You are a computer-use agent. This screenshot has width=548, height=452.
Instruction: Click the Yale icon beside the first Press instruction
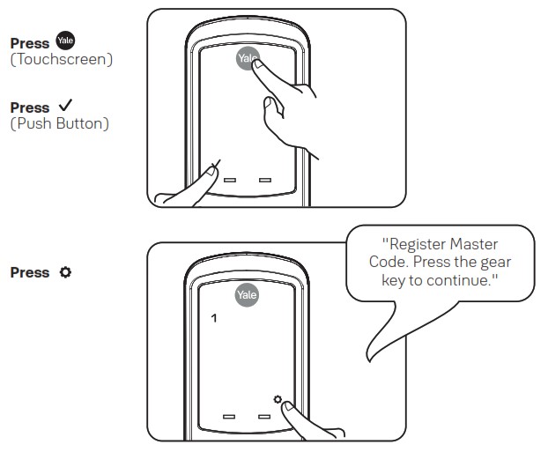63,42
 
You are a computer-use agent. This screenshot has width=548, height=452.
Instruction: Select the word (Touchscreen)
61,59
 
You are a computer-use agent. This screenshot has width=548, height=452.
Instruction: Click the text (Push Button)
59,123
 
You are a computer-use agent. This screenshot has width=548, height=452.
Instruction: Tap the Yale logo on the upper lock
248,59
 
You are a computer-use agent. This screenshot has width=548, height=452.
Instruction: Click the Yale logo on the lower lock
247,295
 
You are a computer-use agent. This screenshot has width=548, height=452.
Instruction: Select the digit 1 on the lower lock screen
211,316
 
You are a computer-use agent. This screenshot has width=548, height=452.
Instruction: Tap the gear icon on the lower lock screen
278,400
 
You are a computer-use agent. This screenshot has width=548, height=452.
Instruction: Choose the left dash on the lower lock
230,415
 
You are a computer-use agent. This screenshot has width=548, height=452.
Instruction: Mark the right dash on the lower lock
264,415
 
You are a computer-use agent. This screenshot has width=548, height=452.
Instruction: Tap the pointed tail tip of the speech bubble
367,360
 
